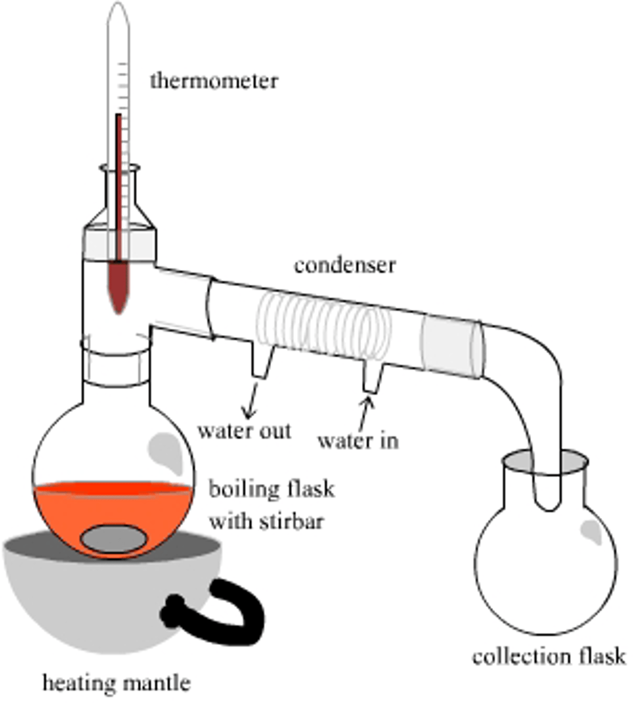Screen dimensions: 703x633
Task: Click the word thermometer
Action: [214, 80]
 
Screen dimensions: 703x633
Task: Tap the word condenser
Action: [344, 265]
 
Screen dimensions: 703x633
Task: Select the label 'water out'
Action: [244, 431]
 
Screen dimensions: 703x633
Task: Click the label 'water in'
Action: [358, 440]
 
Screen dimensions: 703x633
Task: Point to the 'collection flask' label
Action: [549, 656]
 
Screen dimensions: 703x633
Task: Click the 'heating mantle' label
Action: [117, 682]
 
